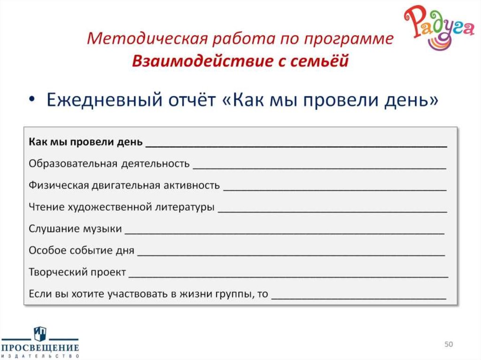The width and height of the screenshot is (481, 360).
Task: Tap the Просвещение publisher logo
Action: [39, 343]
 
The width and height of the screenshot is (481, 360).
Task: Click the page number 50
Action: [449, 345]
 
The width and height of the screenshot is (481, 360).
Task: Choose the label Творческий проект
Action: [77, 272]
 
